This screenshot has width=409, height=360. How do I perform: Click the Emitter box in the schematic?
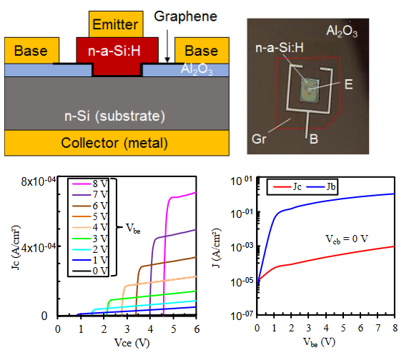[116, 24]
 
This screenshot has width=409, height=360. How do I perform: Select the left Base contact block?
[31, 51]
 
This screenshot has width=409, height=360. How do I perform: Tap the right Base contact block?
[202, 51]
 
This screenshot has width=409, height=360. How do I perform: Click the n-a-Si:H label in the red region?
[114, 51]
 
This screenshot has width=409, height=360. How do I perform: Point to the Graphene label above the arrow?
[185, 16]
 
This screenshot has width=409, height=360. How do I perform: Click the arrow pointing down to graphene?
[167, 46]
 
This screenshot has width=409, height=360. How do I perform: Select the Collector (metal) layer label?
[114, 143]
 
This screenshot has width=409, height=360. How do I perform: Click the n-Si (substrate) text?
[115, 116]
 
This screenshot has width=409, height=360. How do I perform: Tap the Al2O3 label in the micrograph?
[342, 31]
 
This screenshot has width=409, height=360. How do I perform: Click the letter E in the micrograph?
[349, 84]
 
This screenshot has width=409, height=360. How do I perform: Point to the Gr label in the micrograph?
[259, 139]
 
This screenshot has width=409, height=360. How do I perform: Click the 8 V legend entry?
[90, 184]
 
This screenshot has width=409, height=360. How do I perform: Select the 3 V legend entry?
[90, 239]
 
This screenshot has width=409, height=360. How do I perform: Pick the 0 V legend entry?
[90, 271]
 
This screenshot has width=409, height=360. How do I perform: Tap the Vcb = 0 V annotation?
[347, 239]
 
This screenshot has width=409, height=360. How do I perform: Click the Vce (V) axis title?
[132, 343]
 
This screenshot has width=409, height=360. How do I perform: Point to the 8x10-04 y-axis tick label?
[38, 181]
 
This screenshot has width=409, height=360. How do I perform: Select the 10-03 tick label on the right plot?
[242, 246]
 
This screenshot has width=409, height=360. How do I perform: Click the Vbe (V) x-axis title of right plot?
[319, 342]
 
